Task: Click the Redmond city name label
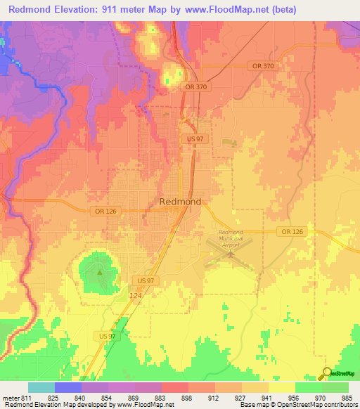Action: [x=180, y=202]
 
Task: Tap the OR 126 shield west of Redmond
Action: [x=103, y=211]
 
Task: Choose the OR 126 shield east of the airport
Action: [x=290, y=231]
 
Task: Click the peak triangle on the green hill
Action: [x=100, y=272]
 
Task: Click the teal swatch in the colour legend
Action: [x=41, y=387]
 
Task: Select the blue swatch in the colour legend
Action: [x=67, y=387]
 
